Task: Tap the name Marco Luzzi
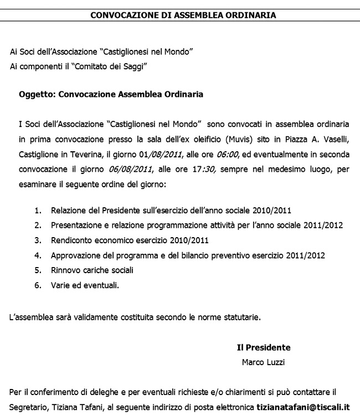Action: (263, 363)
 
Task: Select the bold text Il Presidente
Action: (264, 348)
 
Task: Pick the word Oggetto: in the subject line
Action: (37, 95)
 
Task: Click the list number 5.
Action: (38, 270)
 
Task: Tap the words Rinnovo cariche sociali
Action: (92, 270)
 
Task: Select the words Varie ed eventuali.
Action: (85, 285)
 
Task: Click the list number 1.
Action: (38, 211)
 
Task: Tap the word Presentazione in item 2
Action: (75, 226)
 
